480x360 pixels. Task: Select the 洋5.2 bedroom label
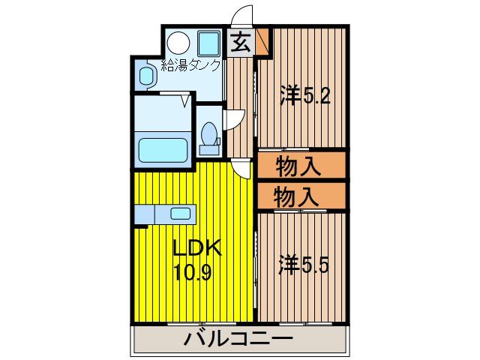tap(303, 95)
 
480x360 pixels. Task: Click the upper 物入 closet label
tap(298, 165)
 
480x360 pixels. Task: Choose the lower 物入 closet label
tap(298, 196)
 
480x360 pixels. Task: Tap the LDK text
tap(196, 248)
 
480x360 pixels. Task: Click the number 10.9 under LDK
tap(193, 271)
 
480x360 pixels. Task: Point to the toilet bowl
tap(210, 136)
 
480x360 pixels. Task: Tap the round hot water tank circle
tap(178, 42)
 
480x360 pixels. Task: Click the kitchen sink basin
tap(181, 213)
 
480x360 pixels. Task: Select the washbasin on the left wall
tap(146, 74)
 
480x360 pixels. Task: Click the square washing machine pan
tap(208, 43)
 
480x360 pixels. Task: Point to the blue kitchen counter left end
tap(142, 214)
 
